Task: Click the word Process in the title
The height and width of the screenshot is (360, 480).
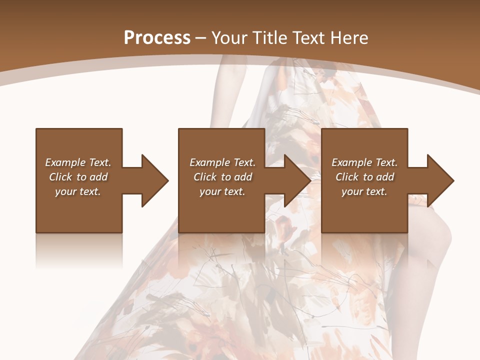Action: click(157, 38)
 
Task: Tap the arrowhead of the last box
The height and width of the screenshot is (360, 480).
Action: click(439, 180)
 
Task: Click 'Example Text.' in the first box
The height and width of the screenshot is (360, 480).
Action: click(78, 162)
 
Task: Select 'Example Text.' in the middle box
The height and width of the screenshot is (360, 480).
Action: click(222, 162)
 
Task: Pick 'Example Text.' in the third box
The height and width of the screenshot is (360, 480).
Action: click(364, 162)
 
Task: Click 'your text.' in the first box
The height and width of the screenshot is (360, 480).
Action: click(78, 191)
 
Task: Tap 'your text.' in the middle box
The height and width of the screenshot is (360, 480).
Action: click(222, 191)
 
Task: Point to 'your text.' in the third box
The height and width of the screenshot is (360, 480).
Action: click(364, 191)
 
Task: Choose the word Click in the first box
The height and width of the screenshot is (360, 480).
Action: click(61, 177)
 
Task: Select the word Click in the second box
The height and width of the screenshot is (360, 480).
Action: click(205, 177)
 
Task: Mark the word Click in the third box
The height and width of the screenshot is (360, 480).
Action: click(347, 177)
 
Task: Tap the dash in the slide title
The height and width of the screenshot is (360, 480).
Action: click(201, 38)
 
